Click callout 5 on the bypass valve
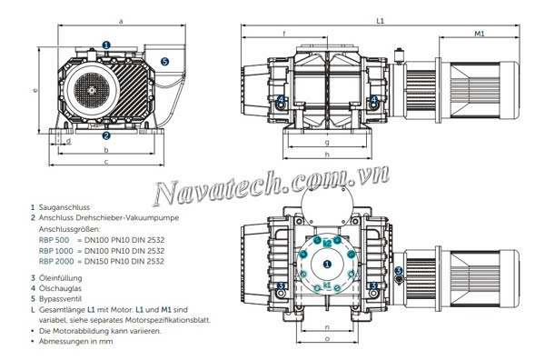(x=164, y=61)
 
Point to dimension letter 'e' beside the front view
(x=34, y=90)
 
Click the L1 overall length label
(x=378, y=19)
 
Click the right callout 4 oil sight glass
(x=374, y=99)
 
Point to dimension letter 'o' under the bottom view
(x=326, y=340)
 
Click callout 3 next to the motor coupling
(x=400, y=270)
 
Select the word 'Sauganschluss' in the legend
(x=64, y=207)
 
